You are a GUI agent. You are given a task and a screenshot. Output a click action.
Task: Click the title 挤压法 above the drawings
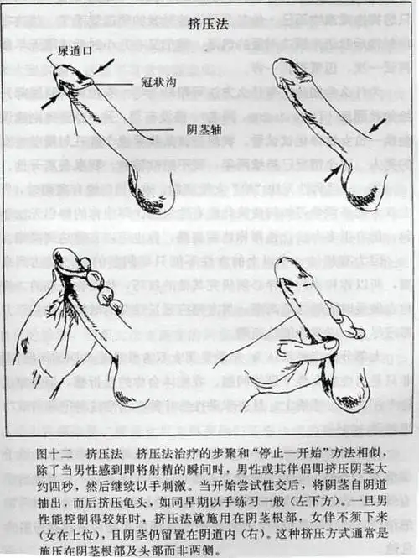click(209, 24)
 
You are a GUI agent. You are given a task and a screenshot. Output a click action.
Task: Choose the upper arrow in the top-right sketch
click(377, 127)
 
